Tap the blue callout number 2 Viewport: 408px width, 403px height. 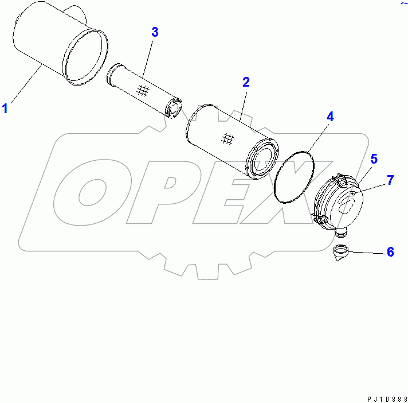pos(246,82)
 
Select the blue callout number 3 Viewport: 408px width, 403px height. pos(155,32)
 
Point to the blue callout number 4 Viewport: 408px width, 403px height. pos(330,117)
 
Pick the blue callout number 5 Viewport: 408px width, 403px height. pos(373,158)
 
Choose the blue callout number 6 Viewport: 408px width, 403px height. pos(390,251)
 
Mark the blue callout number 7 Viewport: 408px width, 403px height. pos(390,180)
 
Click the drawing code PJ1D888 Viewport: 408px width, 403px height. pos(384,397)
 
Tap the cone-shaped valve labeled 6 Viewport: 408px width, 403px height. pos(342,252)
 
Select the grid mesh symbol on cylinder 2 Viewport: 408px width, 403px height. pos(228,138)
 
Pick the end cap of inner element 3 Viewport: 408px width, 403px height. pos(173,110)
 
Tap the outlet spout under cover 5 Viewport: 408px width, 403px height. pos(343,231)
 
